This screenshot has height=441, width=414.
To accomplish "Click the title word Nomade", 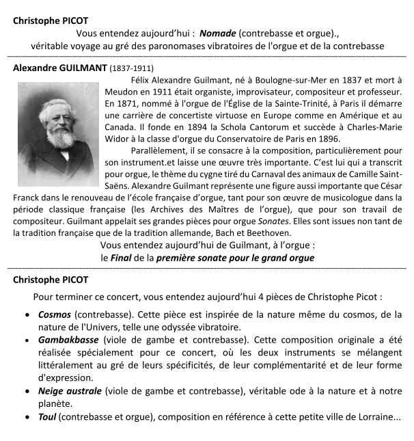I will click(x=218, y=32).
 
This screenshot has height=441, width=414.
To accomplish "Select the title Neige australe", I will click(x=70, y=390).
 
